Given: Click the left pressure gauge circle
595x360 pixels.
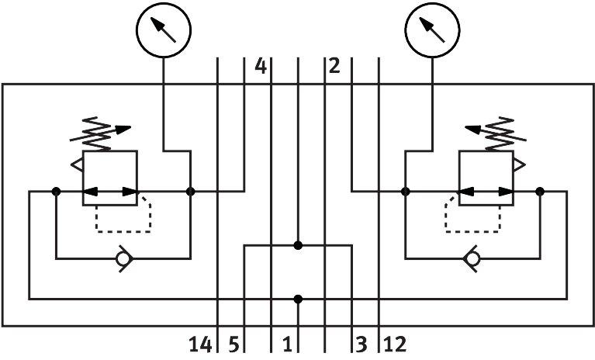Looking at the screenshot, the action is (x=164, y=3).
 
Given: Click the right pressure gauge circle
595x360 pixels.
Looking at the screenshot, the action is (x=432, y=3).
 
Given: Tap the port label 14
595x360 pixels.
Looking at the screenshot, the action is (x=200, y=344).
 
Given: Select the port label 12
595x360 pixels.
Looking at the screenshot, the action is (x=395, y=344).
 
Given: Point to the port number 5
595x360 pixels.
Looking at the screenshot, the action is (x=234, y=344).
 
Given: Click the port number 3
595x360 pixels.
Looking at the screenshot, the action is (x=361, y=344).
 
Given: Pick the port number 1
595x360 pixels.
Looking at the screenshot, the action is (x=288, y=344).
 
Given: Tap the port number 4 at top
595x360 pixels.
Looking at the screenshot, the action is (x=261, y=66).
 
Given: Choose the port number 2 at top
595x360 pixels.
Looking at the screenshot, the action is (x=334, y=66).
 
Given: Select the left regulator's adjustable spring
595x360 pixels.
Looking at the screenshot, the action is (x=100, y=133).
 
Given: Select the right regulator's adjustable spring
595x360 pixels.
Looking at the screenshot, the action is (x=496, y=133).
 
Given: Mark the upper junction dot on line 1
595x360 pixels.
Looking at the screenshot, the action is (x=298, y=245).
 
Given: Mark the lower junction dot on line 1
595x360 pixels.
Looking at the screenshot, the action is (x=298, y=299).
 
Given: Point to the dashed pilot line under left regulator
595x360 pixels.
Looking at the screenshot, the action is (x=123, y=231).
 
